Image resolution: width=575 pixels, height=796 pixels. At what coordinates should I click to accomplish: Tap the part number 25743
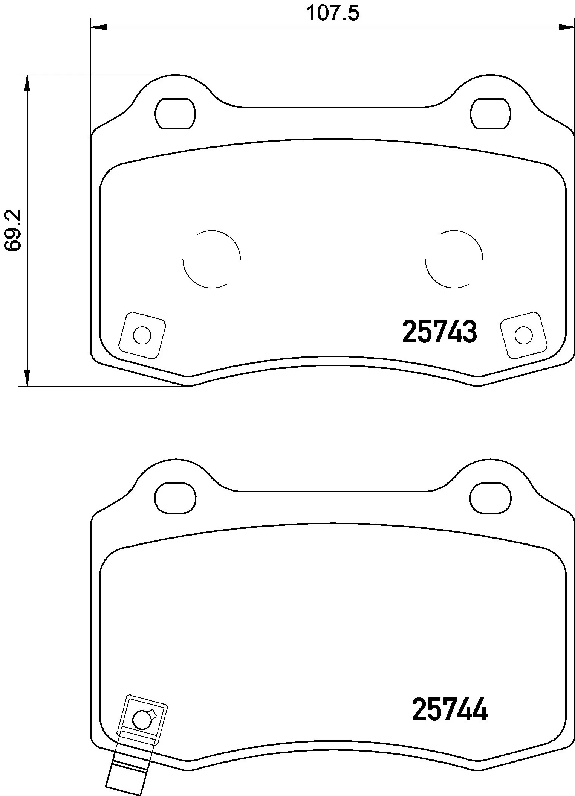[x=439, y=332]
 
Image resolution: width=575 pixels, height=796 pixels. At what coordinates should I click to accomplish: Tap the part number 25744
[x=450, y=709]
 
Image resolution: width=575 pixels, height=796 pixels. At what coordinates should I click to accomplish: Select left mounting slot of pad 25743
[x=175, y=114]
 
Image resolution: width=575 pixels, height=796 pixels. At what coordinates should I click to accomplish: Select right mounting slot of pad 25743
[x=491, y=114]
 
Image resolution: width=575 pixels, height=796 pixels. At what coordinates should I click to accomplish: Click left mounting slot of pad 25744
[x=175, y=498]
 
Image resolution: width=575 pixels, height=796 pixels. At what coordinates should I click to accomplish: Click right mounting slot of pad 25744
[x=491, y=498]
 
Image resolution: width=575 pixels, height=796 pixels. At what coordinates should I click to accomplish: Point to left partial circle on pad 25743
[x=211, y=259]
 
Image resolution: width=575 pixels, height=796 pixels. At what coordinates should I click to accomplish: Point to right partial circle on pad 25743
[x=454, y=259]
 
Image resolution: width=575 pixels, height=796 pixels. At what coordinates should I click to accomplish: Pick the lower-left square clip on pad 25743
[x=142, y=335]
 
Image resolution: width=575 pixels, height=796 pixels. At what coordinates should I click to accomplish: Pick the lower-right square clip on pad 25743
[x=524, y=335]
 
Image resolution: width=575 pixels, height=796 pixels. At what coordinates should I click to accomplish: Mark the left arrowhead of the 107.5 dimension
[x=99, y=27]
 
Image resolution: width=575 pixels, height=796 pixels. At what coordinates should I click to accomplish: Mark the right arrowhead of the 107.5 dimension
[x=566, y=27]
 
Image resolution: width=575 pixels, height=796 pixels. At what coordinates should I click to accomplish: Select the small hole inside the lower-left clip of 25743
[x=142, y=335]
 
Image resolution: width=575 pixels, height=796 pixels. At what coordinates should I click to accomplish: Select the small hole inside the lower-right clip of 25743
[x=524, y=335]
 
